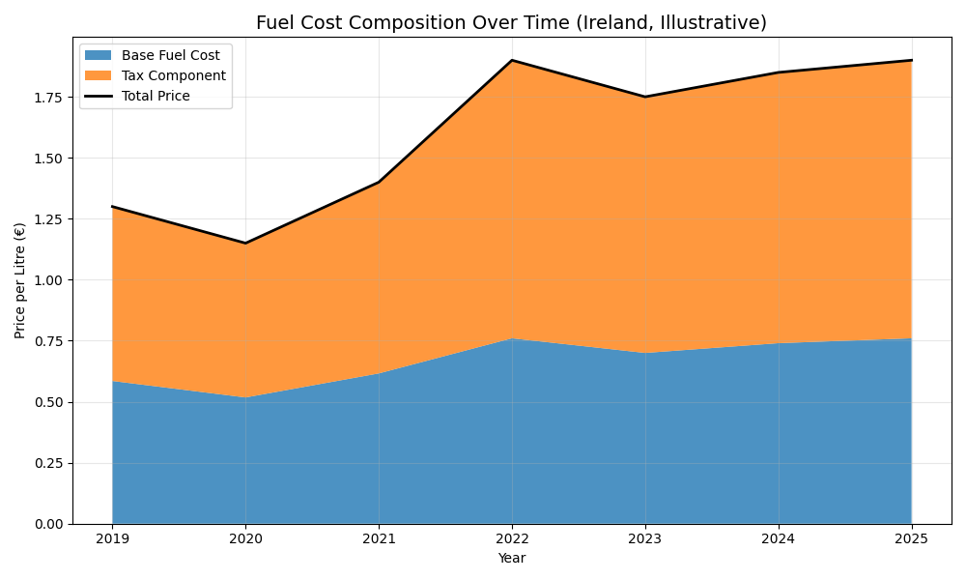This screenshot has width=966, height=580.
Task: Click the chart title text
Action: (x=511, y=22)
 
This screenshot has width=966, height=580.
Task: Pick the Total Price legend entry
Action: (x=156, y=96)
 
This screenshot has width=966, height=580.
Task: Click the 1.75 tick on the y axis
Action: (x=48, y=98)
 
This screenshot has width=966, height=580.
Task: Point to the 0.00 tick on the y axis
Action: (x=48, y=524)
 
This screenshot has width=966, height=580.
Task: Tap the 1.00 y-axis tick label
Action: (x=48, y=280)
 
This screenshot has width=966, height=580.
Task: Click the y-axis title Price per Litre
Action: (x=20, y=280)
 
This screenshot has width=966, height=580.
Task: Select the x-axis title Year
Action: (x=512, y=559)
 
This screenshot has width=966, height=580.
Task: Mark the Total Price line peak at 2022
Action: (x=512, y=60)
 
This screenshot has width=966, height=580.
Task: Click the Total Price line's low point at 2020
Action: (x=245, y=243)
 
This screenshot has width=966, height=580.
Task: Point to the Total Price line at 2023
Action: (x=645, y=97)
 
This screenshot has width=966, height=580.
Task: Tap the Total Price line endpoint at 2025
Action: (x=912, y=60)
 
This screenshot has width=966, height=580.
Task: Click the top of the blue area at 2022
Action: (x=512, y=338)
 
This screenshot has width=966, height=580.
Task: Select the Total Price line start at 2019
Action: (x=112, y=206)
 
